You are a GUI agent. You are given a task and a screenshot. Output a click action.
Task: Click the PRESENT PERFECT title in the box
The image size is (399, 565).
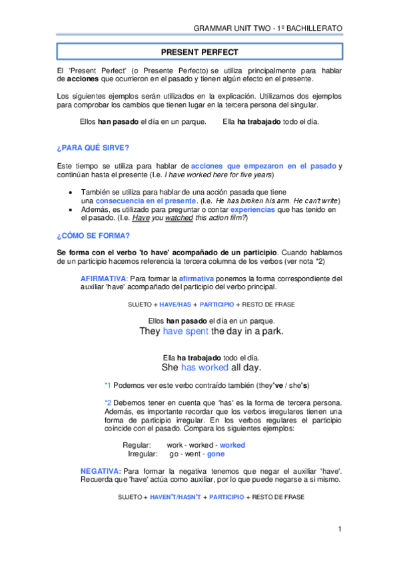point(199,51)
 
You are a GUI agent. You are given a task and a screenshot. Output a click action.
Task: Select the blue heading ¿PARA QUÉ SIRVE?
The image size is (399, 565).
point(93,147)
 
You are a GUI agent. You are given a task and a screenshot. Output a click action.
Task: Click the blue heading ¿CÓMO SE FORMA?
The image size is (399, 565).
point(93,235)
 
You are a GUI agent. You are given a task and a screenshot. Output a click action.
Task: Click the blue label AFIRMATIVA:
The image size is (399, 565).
point(103,279)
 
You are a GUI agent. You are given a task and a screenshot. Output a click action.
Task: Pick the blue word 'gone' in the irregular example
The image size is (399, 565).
point(216,454)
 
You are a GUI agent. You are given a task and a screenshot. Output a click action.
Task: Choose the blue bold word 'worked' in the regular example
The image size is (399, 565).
point(232,445)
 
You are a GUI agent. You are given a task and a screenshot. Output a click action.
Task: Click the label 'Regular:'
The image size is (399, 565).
point(137,445)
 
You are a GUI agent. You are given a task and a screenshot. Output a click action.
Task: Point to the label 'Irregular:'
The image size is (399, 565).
point(143,454)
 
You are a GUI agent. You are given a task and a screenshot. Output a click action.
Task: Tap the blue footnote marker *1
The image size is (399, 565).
point(107,386)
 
